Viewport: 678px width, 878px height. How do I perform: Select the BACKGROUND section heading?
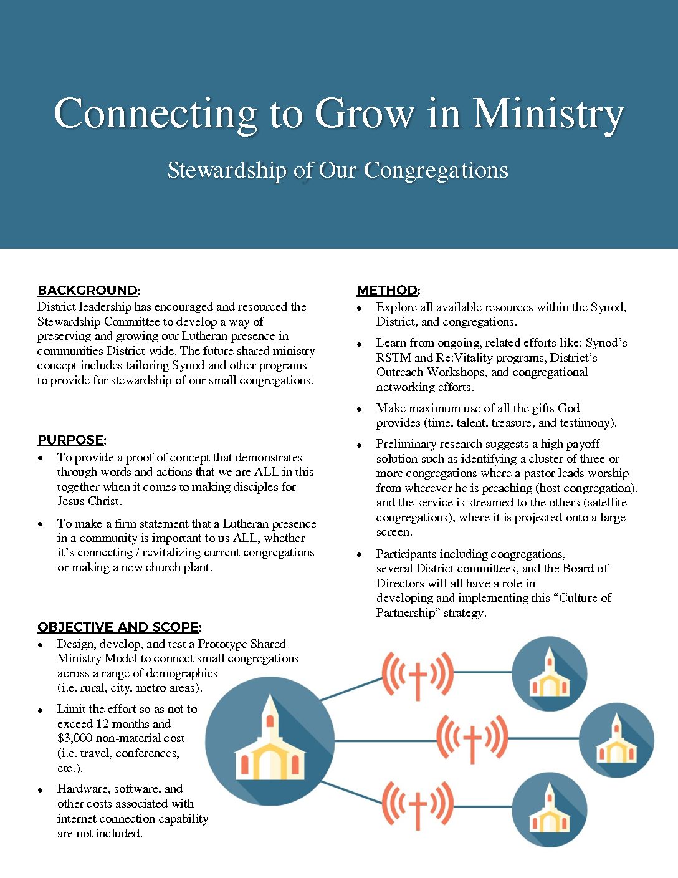click(87, 291)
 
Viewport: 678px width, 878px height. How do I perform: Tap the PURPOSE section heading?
click(70, 440)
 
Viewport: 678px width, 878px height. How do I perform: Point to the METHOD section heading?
click(387, 291)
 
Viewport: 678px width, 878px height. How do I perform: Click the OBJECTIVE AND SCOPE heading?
click(118, 627)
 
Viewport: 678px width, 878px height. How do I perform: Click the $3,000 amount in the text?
click(75, 738)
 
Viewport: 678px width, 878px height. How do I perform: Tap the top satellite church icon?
click(549, 674)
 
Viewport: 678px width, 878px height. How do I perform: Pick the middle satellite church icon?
click(616, 740)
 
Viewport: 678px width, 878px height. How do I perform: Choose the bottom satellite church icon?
click(549, 809)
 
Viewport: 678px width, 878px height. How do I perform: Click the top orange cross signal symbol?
click(418, 675)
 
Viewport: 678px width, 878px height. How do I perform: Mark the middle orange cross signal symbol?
click(472, 739)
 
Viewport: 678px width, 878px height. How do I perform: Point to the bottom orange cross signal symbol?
click(418, 806)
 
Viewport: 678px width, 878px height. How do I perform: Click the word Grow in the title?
click(365, 114)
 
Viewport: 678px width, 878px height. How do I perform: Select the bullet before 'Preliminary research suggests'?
click(360, 445)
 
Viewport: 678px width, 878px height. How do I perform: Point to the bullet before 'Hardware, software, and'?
click(41, 790)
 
